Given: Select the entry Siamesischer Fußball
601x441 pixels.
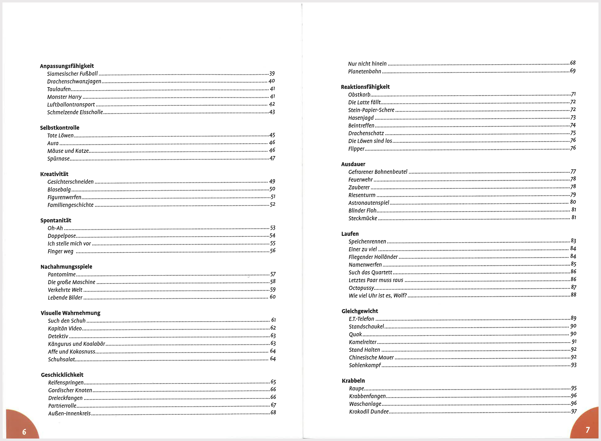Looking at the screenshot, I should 72,74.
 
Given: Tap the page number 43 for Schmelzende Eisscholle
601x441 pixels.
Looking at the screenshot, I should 272,112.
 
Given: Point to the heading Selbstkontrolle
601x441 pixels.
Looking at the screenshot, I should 60,128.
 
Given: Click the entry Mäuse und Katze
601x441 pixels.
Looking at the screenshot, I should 68,151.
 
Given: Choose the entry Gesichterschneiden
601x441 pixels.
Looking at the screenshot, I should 71,182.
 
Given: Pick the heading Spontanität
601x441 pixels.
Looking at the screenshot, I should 56,220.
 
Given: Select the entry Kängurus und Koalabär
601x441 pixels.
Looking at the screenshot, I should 76,344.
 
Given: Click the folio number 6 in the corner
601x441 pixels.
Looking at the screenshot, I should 24,432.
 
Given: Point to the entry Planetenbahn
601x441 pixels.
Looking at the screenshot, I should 364,71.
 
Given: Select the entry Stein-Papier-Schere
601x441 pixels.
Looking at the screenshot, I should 371,110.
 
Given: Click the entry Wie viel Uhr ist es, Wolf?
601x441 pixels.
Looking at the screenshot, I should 377,296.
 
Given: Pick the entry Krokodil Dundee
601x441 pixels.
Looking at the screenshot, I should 369,412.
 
